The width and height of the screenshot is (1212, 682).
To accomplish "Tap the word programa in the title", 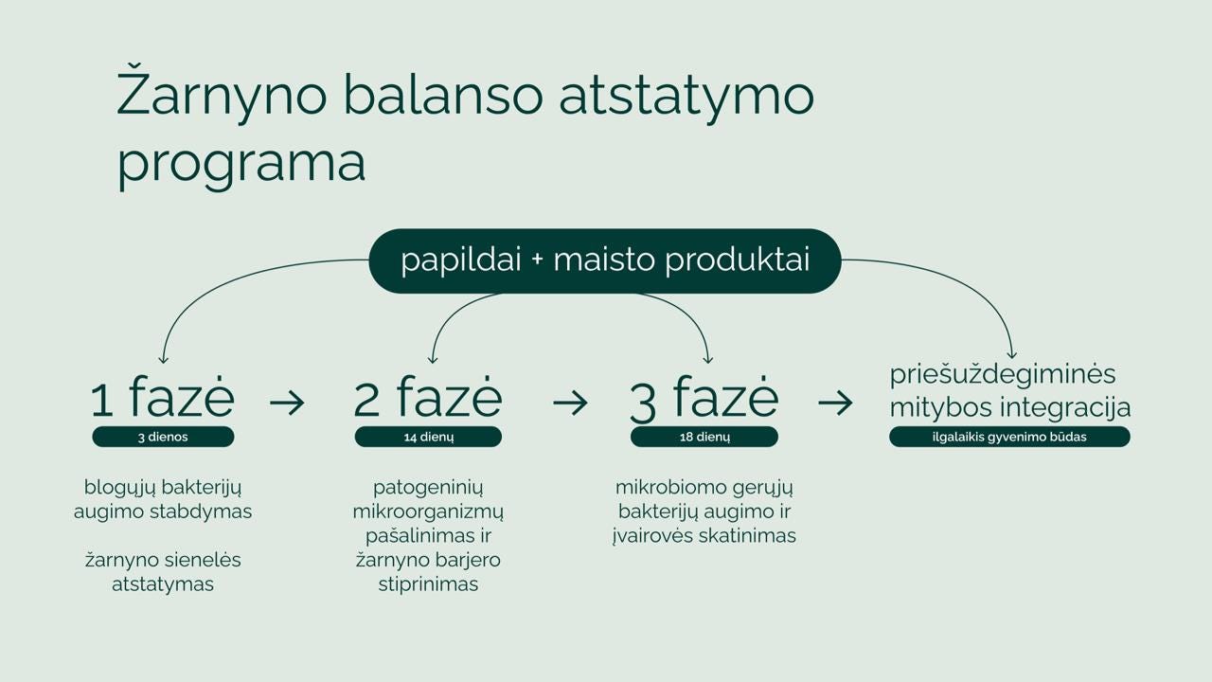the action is [241, 162].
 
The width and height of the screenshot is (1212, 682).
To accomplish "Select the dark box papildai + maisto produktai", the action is [604, 260].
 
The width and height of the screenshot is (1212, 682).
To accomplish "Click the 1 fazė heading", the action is [163, 398].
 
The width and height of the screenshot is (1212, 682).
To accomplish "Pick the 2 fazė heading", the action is [428, 398].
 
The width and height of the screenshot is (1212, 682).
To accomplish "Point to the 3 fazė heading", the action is [704, 398].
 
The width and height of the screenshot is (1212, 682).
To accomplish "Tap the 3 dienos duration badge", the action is [163, 437].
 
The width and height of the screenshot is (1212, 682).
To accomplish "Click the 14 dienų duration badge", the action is [428, 437].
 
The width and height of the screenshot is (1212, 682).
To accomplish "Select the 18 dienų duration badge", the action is [704, 437].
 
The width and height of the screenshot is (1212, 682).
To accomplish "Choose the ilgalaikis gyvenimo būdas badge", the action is [1009, 437].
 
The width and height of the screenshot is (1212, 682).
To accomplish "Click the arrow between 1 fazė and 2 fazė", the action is [287, 403].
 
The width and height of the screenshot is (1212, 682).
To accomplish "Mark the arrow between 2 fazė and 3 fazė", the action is [569, 403].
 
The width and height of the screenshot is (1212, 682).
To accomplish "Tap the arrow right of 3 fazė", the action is [834, 403].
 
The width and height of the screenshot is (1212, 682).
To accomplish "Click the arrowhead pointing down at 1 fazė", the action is [164, 358].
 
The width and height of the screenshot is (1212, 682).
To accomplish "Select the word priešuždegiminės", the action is [1003, 375].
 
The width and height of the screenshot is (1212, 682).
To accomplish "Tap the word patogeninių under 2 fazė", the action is [428, 488].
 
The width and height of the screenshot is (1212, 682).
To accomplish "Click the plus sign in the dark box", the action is [538, 260].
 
